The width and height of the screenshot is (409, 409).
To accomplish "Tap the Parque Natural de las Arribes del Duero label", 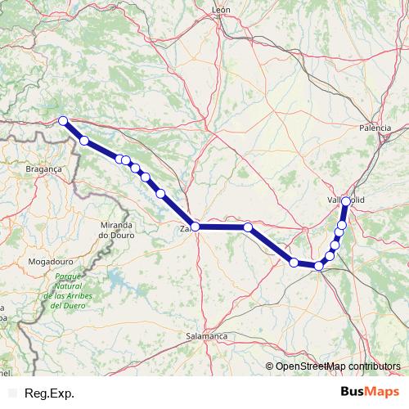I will click(70, 290).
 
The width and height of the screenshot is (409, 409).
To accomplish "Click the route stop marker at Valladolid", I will click(346, 201).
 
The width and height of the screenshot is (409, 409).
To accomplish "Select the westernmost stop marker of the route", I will click(63, 122).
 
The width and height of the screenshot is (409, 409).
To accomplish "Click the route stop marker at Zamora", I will click(195, 227).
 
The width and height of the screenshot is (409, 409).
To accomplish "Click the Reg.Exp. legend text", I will click(50, 393).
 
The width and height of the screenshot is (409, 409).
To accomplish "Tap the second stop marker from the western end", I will click(84, 141).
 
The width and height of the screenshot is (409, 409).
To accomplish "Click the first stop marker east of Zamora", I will click(247, 227).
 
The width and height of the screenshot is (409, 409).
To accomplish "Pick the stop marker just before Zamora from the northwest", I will click(160, 194).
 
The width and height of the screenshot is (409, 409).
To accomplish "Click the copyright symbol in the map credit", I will click(270, 366).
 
